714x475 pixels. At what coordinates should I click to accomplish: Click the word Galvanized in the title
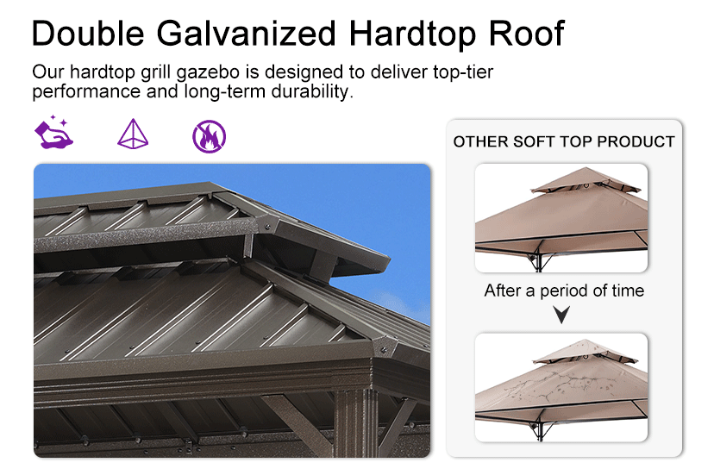point(247,34)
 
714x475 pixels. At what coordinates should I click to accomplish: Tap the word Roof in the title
point(526,34)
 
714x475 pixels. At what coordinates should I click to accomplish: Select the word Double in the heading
point(88,34)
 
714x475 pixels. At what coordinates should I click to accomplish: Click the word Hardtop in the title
point(412,34)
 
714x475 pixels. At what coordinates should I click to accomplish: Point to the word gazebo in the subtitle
point(208,72)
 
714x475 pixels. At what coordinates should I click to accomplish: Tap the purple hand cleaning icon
point(53,133)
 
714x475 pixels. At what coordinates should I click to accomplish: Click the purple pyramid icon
point(133,134)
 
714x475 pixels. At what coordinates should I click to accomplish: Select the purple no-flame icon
point(209,136)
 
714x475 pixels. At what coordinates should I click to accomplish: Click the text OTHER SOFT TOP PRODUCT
point(564,141)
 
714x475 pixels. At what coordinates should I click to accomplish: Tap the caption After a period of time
point(564,291)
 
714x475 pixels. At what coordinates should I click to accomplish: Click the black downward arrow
point(561,315)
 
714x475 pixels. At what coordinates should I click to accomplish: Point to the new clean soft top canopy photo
point(561,218)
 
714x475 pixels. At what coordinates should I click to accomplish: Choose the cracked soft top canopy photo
point(561,387)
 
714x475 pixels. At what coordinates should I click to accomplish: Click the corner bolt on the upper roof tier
point(268,227)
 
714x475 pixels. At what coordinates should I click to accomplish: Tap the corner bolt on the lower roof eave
point(384,350)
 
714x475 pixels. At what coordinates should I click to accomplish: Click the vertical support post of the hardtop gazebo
point(356,423)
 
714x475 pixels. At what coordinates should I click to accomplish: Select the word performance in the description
point(86,92)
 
